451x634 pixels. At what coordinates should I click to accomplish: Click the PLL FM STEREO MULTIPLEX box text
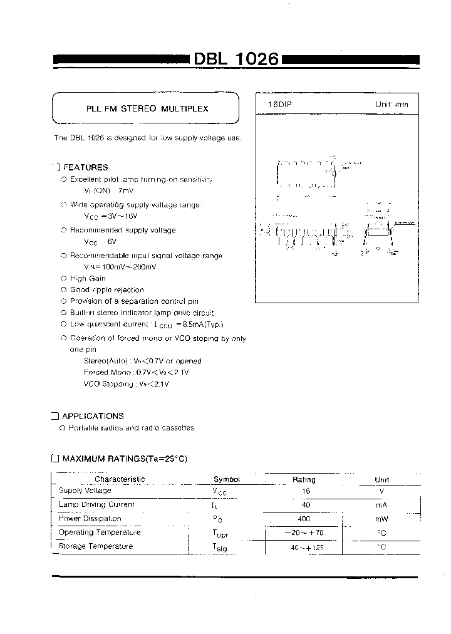pyautogui.click(x=147, y=108)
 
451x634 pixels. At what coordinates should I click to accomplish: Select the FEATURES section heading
pyautogui.click(x=85, y=167)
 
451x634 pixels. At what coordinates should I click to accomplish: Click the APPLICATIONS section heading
pyautogui.click(x=93, y=416)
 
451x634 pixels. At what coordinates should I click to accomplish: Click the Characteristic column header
pyautogui.click(x=120, y=479)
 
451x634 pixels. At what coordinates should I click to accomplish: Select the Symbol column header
pyautogui.click(x=227, y=479)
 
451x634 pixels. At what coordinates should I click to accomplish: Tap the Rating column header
pyautogui.click(x=304, y=479)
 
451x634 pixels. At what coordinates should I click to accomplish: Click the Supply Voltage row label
pyautogui.click(x=85, y=491)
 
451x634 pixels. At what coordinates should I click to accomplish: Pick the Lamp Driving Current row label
pyautogui.click(x=96, y=504)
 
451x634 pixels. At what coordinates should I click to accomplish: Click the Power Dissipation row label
pyautogui.click(x=90, y=519)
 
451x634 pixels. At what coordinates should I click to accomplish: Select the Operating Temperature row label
pyautogui.click(x=99, y=533)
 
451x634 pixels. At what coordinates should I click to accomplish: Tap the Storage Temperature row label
pyautogui.click(x=95, y=546)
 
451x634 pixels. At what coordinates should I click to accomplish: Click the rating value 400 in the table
pyautogui.click(x=304, y=519)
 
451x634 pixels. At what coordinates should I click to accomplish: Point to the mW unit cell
pyautogui.click(x=381, y=519)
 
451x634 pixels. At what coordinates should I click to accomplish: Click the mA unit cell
pyautogui.click(x=381, y=505)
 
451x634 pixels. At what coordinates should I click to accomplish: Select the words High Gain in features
pyautogui.click(x=88, y=278)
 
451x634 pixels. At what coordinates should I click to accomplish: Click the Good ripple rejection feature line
pyautogui.click(x=106, y=290)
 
